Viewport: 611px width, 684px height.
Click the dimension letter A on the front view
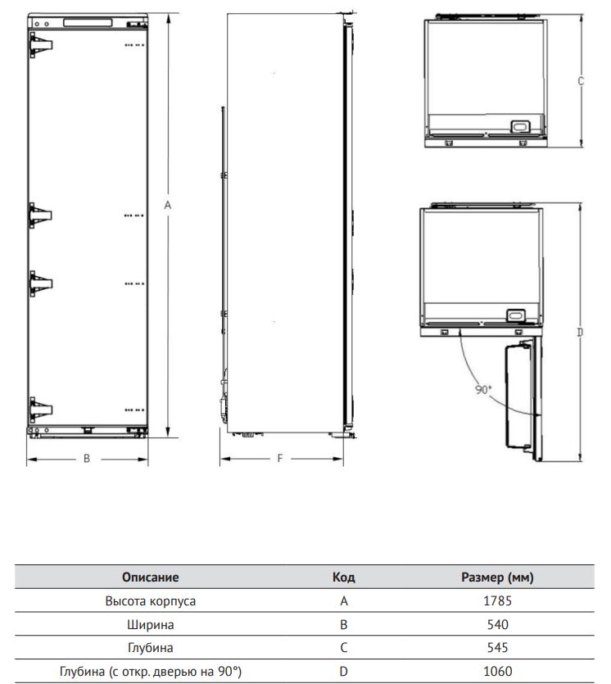point(168,205)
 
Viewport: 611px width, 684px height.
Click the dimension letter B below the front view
point(87,459)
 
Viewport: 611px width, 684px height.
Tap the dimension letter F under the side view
point(280,459)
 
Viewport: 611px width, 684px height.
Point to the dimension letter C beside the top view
point(581,81)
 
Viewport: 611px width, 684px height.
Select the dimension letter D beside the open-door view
point(580,333)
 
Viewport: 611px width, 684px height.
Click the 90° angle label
point(483,390)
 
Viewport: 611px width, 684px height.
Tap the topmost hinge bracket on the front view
point(41,45)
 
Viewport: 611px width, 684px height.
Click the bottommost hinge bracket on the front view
point(41,410)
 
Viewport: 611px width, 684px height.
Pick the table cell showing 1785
point(497,601)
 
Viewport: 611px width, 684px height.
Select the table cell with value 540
point(497,625)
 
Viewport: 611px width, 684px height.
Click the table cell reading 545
point(497,648)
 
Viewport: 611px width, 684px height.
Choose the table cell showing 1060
point(497,672)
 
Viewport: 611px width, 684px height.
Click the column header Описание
point(151,578)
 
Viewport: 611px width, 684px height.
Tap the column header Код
point(344,578)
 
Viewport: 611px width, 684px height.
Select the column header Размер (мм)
point(497,578)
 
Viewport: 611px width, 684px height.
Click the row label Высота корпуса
point(151,601)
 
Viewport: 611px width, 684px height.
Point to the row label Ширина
point(151,625)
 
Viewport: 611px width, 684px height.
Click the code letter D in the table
point(344,672)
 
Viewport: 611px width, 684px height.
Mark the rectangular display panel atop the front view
point(88,23)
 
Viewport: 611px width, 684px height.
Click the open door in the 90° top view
point(523,398)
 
